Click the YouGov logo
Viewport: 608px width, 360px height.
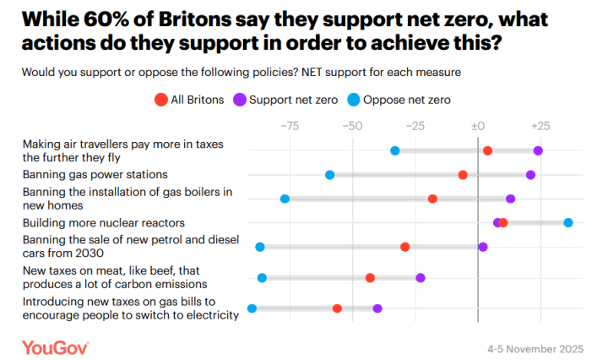click(x=56, y=346)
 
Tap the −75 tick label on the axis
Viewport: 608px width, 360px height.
click(x=290, y=126)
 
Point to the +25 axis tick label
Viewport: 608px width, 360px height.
click(x=540, y=126)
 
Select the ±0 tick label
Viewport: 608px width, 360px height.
click(x=477, y=126)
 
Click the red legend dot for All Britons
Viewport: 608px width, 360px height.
click(x=161, y=100)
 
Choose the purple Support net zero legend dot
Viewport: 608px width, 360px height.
click(x=240, y=100)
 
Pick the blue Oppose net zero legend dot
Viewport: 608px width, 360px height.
click(x=356, y=100)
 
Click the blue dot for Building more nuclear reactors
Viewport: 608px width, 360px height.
click(x=568, y=222)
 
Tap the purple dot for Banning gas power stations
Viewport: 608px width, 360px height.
click(x=530, y=175)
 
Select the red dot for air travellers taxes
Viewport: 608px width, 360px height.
click(x=487, y=150)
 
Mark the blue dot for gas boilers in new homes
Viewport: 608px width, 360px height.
click(x=285, y=199)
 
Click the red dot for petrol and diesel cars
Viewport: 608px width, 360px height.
click(x=405, y=247)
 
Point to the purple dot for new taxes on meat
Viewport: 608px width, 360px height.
click(x=421, y=278)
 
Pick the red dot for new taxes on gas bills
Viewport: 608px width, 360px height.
click(x=337, y=308)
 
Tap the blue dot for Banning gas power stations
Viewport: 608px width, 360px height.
click(x=330, y=175)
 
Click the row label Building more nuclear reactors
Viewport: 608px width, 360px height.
click(x=104, y=223)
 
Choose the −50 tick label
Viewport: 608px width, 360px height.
click(x=352, y=126)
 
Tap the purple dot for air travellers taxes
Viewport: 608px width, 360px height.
click(x=538, y=150)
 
